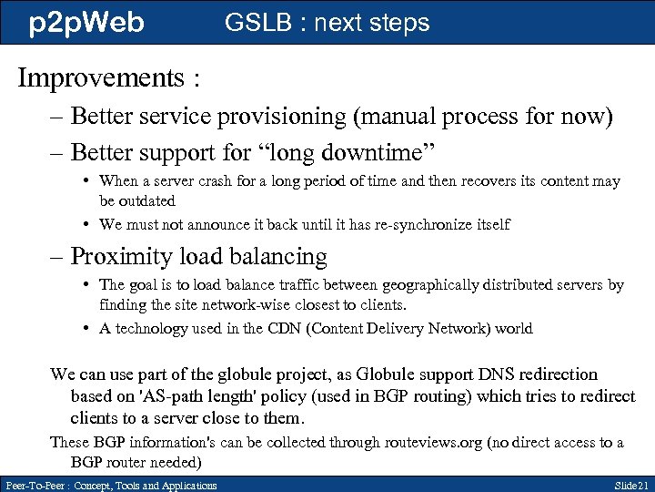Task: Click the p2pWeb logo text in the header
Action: [x=86, y=22]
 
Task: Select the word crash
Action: [x=228, y=181]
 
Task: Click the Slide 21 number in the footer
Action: [x=630, y=485]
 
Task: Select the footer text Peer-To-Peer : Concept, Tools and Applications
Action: [x=110, y=485]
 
